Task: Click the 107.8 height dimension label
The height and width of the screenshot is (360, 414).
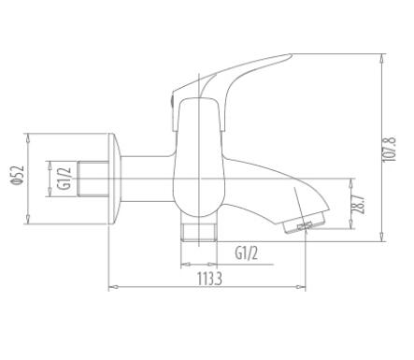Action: coord(389,149)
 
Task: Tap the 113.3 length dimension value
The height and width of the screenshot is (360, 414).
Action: coord(209,279)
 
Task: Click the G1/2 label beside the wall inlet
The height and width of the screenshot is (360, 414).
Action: coord(64,179)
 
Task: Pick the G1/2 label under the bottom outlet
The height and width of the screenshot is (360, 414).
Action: coord(247,252)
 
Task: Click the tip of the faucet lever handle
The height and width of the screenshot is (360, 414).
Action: coord(290,55)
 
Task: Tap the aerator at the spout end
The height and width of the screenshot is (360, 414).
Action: coord(305,224)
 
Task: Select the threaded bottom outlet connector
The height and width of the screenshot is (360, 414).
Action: coord(199,232)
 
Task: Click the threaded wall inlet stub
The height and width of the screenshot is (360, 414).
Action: coord(93,179)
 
